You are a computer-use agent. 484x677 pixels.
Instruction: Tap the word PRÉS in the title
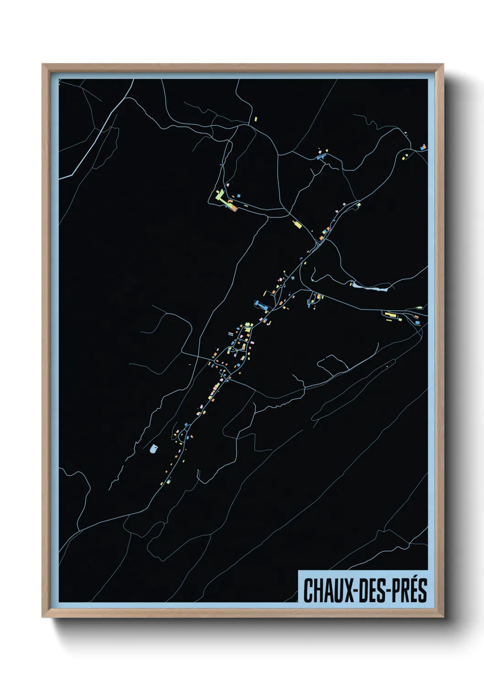pos(409,591)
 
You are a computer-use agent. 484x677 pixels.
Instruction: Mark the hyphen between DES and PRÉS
pos(388,591)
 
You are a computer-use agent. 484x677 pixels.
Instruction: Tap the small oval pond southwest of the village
pos(153,448)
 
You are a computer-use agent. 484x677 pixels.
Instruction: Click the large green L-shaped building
pos(220,199)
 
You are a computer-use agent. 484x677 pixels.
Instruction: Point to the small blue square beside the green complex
pos(238,196)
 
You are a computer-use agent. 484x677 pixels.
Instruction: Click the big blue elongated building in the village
pos(261,304)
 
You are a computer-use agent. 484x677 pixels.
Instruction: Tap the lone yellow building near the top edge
pos(256,119)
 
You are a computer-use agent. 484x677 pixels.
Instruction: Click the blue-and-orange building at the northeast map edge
pos(423,147)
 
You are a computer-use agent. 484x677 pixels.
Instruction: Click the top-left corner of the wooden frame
pos(43,65)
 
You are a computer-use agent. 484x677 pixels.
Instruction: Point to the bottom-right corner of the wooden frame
pos(443,616)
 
